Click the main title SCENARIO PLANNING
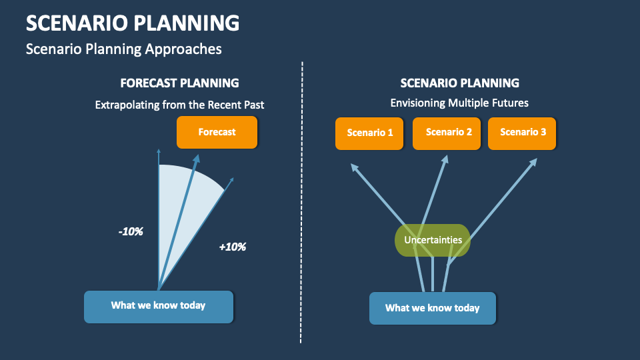pyautogui.click(x=133, y=23)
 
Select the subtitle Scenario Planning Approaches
pyautogui.click(x=123, y=49)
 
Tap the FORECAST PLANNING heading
pyautogui.click(x=179, y=83)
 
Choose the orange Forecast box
pyautogui.click(x=217, y=132)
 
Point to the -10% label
pyautogui.click(x=131, y=232)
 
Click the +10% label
pyautogui.click(x=233, y=247)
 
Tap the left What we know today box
pyautogui.click(x=159, y=306)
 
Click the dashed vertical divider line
pyautogui.click(x=302, y=200)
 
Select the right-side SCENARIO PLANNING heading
pyautogui.click(x=459, y=83)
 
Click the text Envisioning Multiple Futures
pyautogui.click(x=459, y=103)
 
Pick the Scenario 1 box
pyautogui.click(x=370, y=133)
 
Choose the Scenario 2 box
pyautogui.click(x=449, y=133)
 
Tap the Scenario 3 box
pyautogui.click(x=523, y=133)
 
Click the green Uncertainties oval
pyautogui.click(x=433, y=240)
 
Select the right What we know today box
pyautogui.click(x=433, y=308)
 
